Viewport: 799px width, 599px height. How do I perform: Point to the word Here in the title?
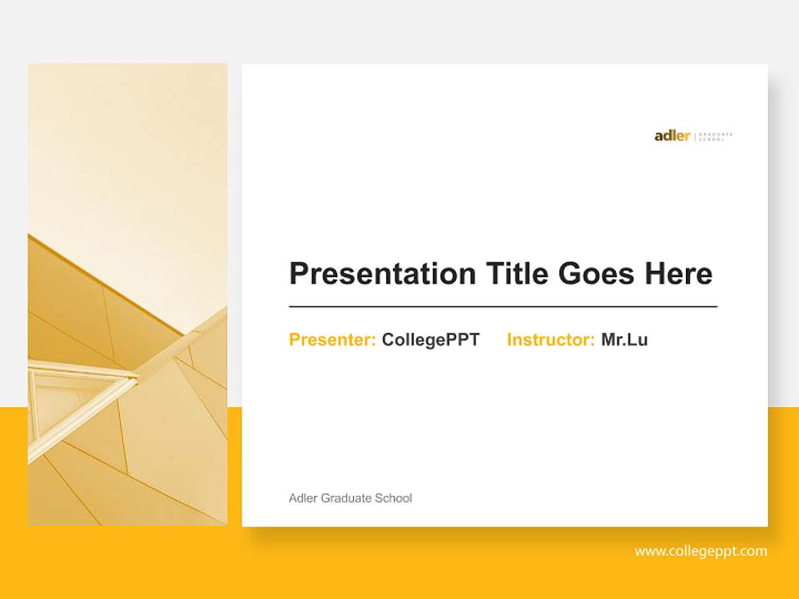point(679,274)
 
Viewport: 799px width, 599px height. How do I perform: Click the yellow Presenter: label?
point(332,339)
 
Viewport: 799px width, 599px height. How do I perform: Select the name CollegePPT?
point(430,339)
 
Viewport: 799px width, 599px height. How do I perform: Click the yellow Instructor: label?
point(550,339)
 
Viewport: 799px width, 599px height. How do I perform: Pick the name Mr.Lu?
point(624,339)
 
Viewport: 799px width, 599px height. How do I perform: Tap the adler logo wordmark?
point(672,136)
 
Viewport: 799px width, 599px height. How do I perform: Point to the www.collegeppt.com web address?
point(701,551)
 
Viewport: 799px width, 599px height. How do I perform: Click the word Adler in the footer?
point(303,498)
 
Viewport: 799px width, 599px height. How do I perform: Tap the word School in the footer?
point(394,498)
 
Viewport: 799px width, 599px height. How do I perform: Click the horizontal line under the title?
point(503,307)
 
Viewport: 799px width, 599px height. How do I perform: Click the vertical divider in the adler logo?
point(695,136)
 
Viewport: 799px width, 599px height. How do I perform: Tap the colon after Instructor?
point(593,341)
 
